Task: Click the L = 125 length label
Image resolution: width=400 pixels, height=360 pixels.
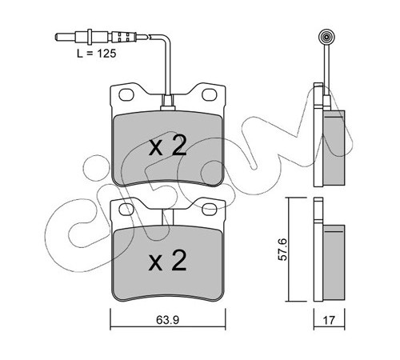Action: tap(97, 54)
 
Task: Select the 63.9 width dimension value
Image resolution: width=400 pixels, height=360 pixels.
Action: tap(168, 320)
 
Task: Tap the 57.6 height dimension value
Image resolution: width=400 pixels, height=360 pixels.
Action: tap(282, 250)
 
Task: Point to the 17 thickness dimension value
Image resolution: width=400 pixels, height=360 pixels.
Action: tap(329, 320)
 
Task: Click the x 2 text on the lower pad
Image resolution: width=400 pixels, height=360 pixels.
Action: tap(168, 260)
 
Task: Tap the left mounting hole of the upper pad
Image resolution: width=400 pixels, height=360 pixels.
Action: tap(126, 94)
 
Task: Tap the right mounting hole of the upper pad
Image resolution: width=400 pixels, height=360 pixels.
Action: tap(210, 94)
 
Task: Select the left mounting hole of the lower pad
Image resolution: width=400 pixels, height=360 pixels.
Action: tap(126, 210)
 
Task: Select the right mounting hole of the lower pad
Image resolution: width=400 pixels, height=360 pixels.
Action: tap(210, 210)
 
